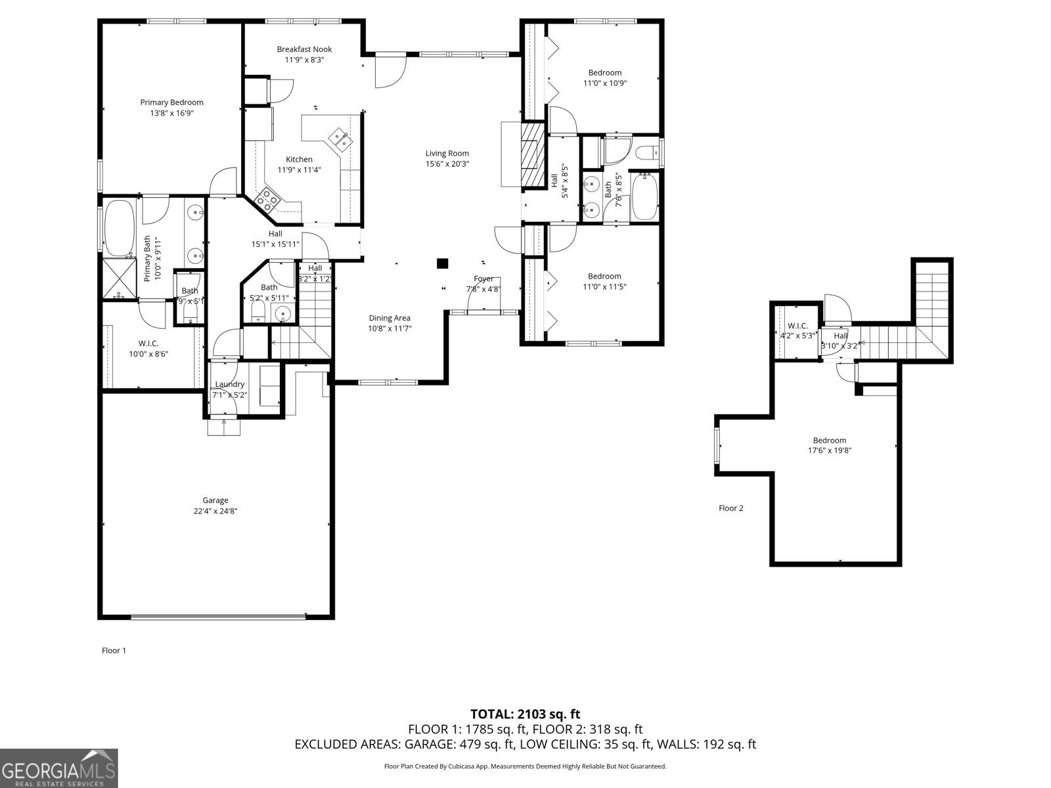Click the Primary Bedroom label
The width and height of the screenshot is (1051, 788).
pos(171,102)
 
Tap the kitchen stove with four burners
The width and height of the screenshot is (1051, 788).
pos(269,198)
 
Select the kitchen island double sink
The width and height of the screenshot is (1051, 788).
pos(340,137)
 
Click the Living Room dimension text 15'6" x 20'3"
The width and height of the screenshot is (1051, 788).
pos(447,164)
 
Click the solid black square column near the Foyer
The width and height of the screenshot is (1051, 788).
pos(443,263)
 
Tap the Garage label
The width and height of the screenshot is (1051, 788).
pos(215,500)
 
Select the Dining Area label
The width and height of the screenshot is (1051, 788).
pos(390,318)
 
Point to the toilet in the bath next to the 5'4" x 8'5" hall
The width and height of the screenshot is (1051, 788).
pos(648,152)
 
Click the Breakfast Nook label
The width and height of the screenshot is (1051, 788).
pos(304,49)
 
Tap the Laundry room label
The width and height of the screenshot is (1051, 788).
pos(230,384)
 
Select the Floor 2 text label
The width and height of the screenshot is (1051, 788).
pos(731,508)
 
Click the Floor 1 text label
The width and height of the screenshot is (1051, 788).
pos(114,651)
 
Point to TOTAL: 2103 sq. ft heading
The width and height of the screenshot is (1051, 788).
pos(525,714)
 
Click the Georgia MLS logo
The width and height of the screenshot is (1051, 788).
pos(58,768)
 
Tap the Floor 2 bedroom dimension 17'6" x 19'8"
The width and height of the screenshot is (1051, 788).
pos(830,450)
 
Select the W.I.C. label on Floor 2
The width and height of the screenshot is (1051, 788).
pos(797,326)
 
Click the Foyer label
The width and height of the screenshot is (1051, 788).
pos(483,279)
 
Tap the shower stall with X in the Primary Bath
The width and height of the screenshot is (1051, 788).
pos(120,278)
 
